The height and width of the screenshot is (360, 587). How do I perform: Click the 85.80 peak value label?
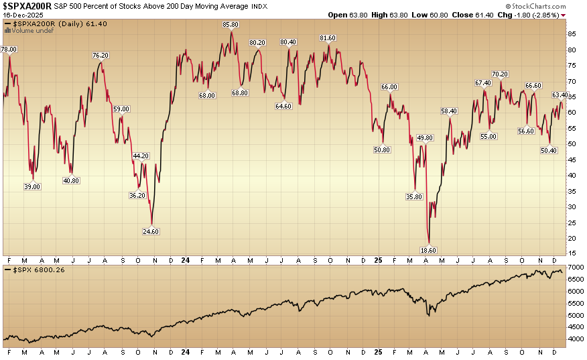coord(231,25)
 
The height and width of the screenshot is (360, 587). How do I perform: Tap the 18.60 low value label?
coord(428,249)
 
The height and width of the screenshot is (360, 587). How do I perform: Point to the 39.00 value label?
coord(33,187)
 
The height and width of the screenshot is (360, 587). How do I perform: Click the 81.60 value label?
coord(328,38)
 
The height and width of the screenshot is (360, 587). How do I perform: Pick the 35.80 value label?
coord(414,196)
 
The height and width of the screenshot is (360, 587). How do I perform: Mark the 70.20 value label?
coord(499,74)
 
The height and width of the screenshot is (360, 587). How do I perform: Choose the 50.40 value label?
coord(549,150)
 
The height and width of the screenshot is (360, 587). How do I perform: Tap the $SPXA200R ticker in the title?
coord(27,5)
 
